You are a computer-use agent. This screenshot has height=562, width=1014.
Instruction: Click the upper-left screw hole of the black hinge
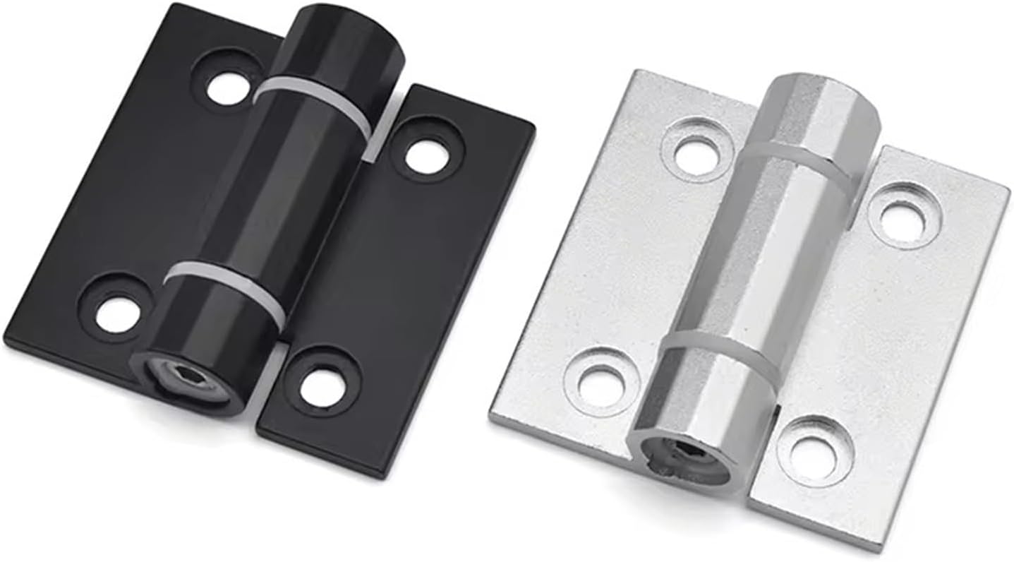(x=228, y=87)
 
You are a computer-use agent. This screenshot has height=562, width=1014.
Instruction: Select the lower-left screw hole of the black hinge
(x=118, y=313)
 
